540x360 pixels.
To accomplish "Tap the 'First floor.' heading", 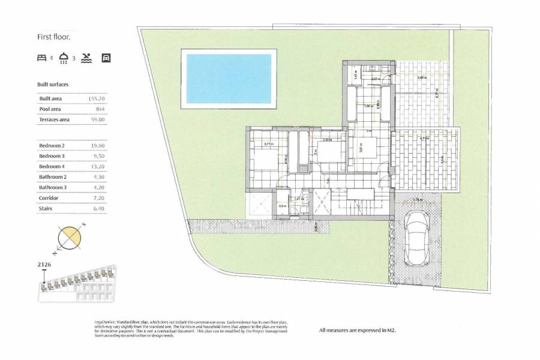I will tap(54, 37).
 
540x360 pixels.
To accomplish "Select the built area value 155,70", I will tap(96, 98).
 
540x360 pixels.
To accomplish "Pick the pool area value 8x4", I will tap(99, 109).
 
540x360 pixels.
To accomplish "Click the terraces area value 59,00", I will tap(97, 119).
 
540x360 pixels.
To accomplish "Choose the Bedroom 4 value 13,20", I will tap(97, 166).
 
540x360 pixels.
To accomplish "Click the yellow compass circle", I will tap(70, 236).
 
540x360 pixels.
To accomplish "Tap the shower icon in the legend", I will tap(64, 58).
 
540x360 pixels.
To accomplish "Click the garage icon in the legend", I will tap(106, 58).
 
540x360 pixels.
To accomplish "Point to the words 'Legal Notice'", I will tap(106, 322).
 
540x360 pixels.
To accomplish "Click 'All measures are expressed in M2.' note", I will tap(358, 329).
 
